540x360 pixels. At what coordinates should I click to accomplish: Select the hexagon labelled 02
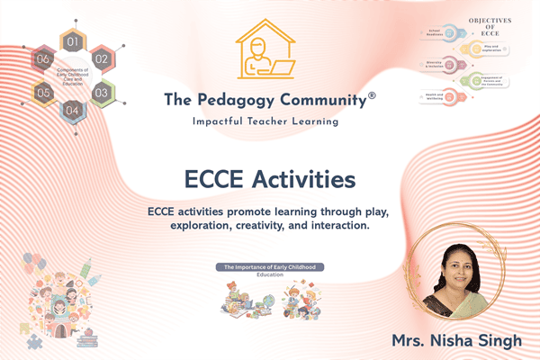(x=101, y=58)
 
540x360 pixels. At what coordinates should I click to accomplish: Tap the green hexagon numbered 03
(x=101, y=92)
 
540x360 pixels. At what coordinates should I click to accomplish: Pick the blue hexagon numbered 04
(x=73, y=110)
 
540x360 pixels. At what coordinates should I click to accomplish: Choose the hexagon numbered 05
(x=42, y=92)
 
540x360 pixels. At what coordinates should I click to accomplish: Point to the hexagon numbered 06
(x=43, y=58)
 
